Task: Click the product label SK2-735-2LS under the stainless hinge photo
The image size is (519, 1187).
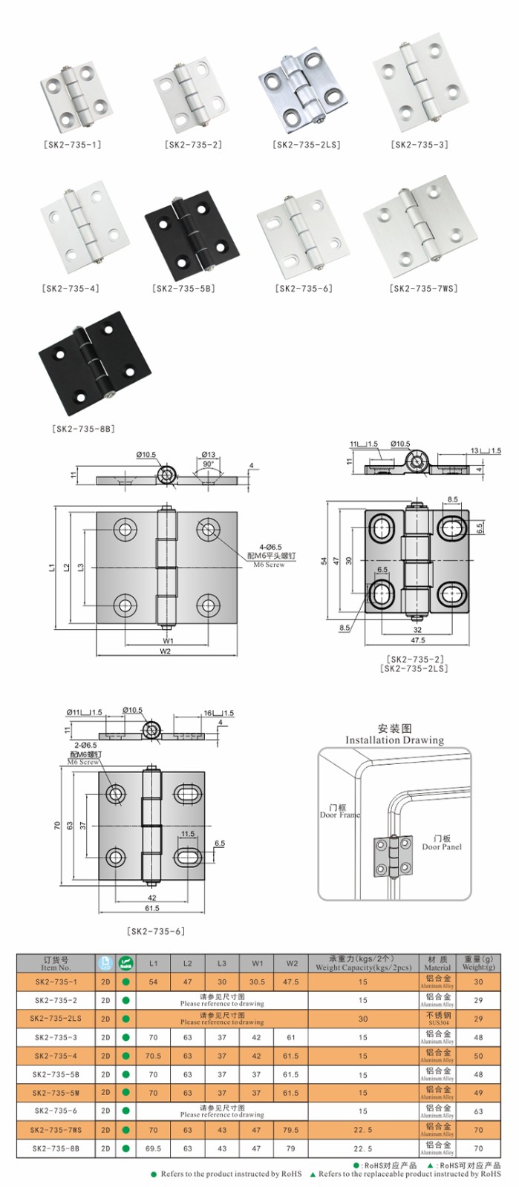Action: pos(307,145)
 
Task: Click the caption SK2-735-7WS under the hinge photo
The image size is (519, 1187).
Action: pos(423,289)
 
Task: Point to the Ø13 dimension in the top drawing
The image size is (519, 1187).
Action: pos(208,455)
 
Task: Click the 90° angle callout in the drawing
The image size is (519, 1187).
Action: pos(208,464)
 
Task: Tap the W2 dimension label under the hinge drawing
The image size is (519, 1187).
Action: pos(165,651)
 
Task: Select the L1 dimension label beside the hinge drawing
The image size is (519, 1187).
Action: pos(51,568)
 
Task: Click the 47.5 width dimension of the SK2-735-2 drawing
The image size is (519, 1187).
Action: pos(417,640)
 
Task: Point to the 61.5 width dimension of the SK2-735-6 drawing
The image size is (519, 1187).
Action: pos(152,908)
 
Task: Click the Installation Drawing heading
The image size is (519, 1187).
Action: pos(394,734)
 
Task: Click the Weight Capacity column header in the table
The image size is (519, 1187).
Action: pos(362,963)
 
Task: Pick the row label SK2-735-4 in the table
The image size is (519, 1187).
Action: pos(56,1056)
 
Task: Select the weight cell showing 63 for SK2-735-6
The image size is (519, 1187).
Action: pos(477,1111)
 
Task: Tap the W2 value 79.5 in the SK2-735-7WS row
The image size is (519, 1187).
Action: pos(291,1130)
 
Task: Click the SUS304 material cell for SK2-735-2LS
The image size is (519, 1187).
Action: pos(437,1019)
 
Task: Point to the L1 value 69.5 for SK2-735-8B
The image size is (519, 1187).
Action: pos(153,1148)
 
